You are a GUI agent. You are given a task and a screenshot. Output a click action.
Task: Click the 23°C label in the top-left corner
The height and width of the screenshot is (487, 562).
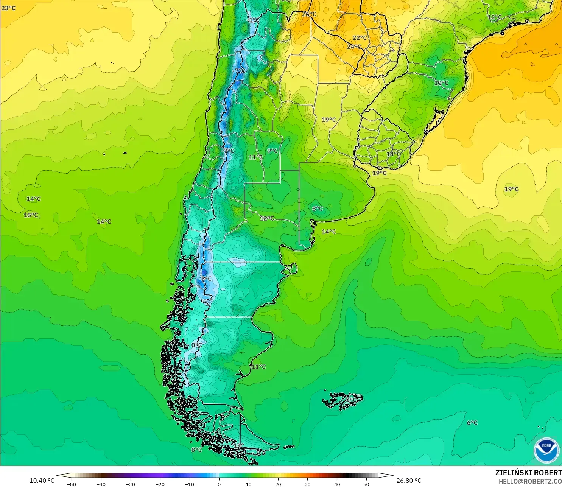8,8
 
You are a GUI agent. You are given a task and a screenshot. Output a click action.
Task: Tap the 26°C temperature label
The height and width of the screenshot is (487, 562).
309,14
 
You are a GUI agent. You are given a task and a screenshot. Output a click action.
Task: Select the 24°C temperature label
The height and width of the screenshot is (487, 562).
354,47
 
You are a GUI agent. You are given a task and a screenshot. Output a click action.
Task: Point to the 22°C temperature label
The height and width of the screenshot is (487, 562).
360,38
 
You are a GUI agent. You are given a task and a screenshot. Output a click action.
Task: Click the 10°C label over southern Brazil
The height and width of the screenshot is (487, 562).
441,83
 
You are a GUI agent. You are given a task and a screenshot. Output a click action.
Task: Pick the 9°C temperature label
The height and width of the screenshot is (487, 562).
272,151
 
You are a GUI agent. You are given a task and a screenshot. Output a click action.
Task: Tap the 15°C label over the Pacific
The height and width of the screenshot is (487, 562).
31,215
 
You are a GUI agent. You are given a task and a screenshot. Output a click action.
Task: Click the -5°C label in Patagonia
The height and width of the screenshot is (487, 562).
205,279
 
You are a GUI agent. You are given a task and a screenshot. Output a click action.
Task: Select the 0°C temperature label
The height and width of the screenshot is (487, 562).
196,345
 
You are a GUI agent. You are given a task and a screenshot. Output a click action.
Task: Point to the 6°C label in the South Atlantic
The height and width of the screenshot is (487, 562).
472,423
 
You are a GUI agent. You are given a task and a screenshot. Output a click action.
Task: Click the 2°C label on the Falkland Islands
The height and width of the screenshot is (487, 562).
351,400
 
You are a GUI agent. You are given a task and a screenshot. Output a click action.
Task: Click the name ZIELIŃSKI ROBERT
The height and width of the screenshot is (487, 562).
528,473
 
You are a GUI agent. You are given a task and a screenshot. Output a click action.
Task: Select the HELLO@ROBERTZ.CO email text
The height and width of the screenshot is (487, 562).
530,481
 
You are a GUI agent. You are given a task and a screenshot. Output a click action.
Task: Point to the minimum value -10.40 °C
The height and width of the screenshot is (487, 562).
40,481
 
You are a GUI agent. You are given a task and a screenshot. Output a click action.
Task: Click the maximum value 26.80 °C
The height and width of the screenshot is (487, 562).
409,481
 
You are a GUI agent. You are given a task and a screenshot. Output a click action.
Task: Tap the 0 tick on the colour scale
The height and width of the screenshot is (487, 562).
219,484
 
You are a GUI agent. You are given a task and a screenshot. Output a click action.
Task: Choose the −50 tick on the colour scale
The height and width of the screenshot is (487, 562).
71,484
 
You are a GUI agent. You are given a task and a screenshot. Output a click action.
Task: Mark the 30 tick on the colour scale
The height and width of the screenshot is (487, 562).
308,484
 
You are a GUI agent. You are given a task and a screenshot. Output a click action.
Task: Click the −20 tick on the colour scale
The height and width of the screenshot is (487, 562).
160,484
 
